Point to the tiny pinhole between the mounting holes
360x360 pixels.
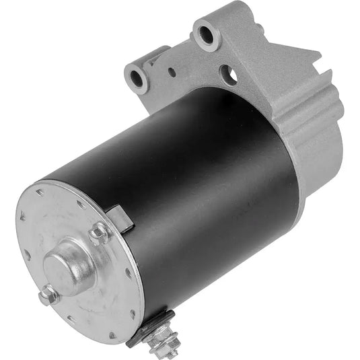(x=173, y=71)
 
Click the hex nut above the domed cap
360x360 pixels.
(x=99, y=234)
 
